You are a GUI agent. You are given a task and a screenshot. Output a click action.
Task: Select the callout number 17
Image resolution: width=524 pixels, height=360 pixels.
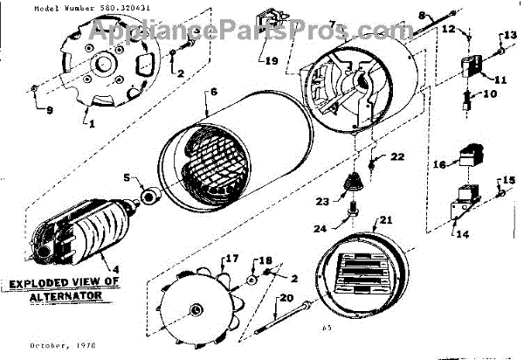pyautogui.click(x=232, y=259)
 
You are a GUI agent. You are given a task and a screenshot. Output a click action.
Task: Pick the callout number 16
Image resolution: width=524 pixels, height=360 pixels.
pyautogui.click(x=440, y=163)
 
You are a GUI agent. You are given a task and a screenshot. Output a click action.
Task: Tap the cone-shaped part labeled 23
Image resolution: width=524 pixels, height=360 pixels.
pyautogui.click(x=354, y=184)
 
